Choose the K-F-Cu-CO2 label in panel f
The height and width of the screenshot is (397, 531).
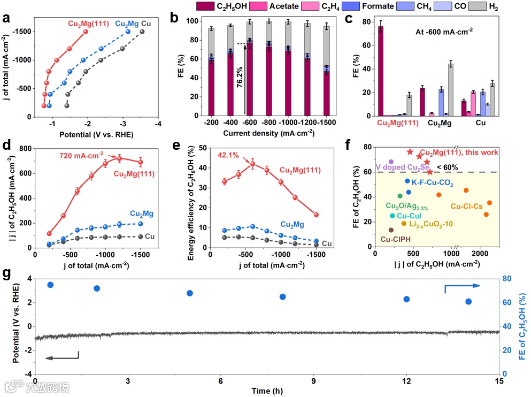[433, 184]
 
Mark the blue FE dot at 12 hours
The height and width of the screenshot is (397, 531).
[406, 299]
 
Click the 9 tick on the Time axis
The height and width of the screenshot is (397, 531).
[314, 382]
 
